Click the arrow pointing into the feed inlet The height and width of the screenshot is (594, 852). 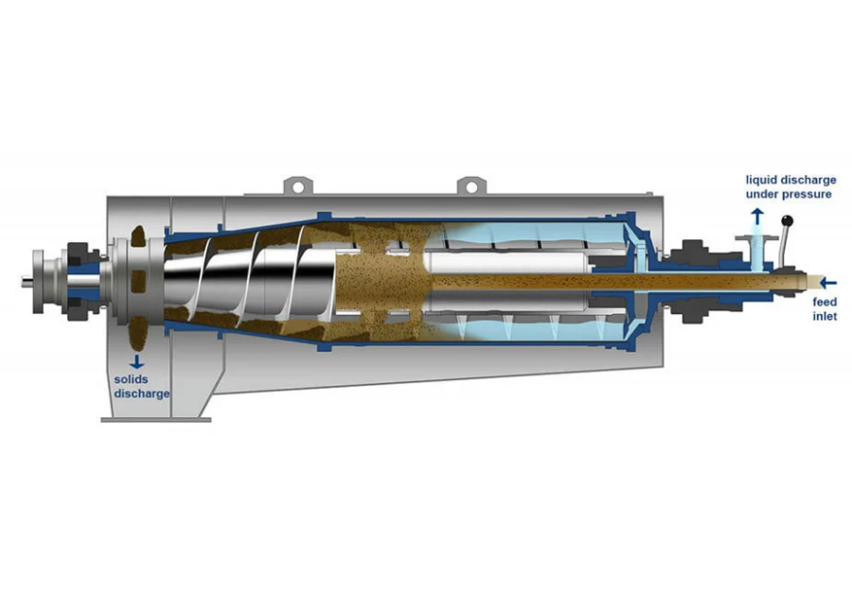[x=828, y=283]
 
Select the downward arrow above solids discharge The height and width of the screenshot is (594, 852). [x=136, y=362]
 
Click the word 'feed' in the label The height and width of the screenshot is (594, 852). [x=825, y=302]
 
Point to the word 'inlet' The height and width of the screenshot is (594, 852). [x=825, y=316]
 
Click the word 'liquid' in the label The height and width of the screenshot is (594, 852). [x=762, y=181]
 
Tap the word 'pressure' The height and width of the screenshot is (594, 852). [x=807, y=195]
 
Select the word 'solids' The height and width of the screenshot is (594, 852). [x=131, y=379]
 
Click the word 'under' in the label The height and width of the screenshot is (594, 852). [x=762, y=194]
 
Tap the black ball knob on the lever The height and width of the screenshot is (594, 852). [x=787, y=221]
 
